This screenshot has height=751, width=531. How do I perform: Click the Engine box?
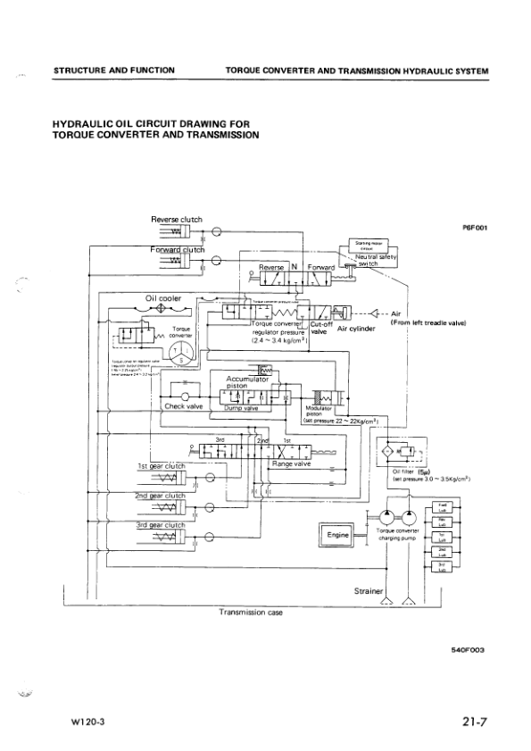[336, 536]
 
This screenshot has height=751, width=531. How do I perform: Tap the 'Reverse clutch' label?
[177, 219]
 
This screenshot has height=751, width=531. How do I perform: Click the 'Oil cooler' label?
[164, 298]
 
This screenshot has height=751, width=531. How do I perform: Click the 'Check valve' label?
[186, 406]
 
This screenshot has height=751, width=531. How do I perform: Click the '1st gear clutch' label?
[161, 466]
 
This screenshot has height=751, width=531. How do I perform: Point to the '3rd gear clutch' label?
[160, 525]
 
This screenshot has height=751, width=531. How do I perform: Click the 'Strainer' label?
[369, 591]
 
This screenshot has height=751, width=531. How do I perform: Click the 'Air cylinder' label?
[355, 329]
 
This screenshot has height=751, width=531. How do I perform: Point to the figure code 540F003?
[467, 651]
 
